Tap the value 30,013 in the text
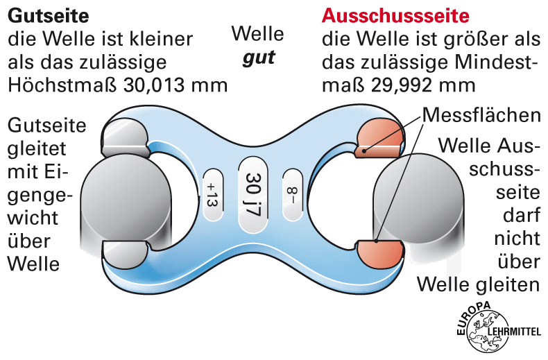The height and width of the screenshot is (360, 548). (157, 85)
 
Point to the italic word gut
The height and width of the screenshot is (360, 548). (258, 57)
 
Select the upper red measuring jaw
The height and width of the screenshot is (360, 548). (379, 137)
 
